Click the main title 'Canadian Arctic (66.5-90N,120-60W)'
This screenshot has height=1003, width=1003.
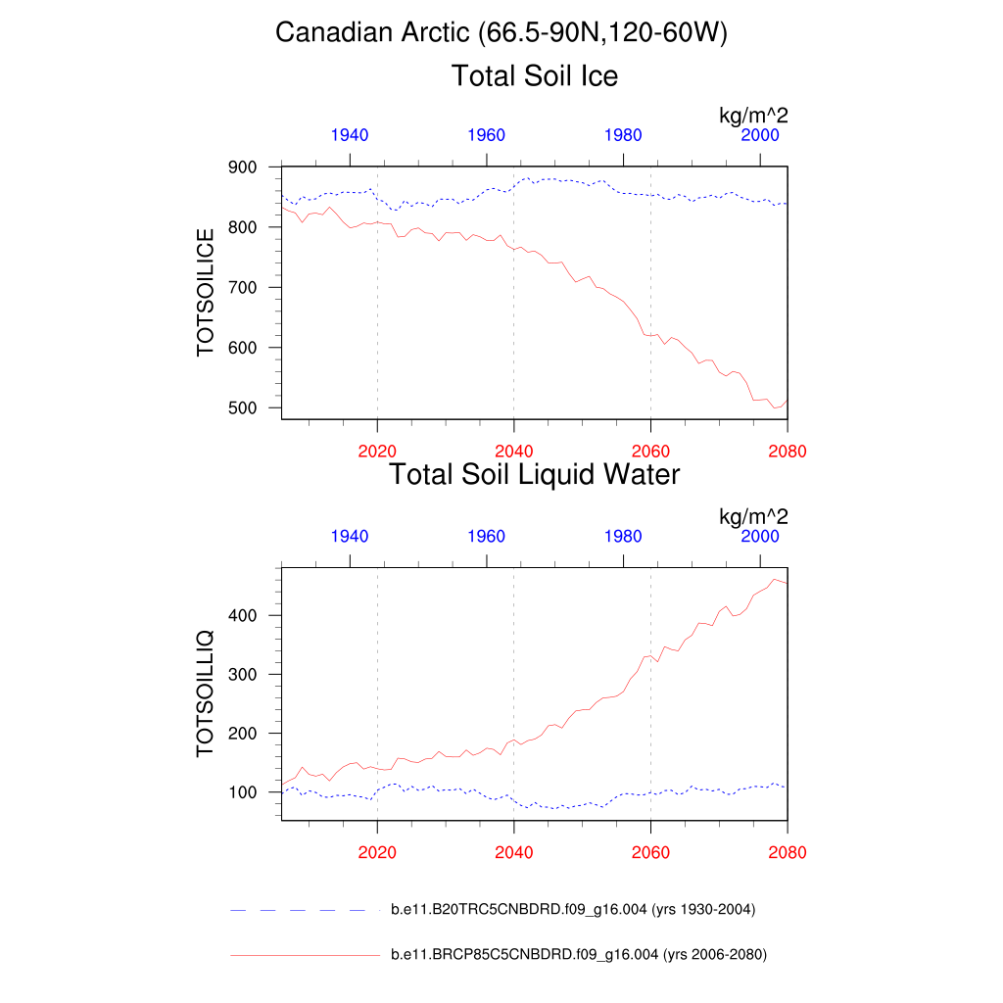point(501,33)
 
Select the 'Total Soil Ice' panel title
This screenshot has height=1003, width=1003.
point(534,76)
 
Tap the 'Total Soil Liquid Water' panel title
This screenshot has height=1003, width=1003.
point(534,475)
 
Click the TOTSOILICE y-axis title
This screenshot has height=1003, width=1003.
point(206,293)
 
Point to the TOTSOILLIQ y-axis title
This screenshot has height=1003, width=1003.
point(206,693)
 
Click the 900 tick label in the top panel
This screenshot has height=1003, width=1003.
point(243,167)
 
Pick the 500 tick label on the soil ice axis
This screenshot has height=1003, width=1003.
point(243,408)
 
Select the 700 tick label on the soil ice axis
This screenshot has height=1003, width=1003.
point(243,288)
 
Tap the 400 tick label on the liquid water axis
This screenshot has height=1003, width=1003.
point(243,616)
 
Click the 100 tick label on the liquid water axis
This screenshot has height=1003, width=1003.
point(243,792)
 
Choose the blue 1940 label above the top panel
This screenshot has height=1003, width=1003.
point(350,135)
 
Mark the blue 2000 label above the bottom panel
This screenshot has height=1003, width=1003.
point(760,536)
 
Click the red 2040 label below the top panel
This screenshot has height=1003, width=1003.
point(513,452)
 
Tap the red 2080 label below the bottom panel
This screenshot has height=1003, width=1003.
point(787,853)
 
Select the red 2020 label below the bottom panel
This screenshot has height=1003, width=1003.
point(377,853)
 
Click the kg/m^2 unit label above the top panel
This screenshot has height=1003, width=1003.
point(753,117)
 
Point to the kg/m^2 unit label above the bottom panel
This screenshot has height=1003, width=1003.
point(753,516)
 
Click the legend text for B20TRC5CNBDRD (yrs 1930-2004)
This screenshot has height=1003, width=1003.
point(573,910)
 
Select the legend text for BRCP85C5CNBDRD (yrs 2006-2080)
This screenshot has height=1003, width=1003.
point(578,954)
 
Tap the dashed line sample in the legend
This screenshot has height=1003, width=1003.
point(304,910)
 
